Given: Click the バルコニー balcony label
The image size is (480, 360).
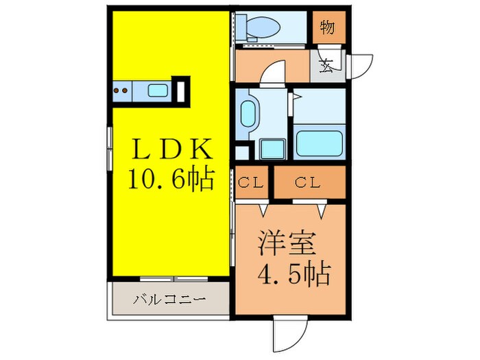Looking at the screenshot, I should [x=169, y=300].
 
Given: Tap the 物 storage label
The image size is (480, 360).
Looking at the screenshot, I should [x=327, y=29].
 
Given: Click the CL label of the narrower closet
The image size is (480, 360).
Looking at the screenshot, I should [x=253, y=182].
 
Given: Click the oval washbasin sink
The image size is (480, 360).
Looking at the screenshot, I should [x=248, y=113].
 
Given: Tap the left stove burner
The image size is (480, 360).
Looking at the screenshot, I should [x=117, y=90].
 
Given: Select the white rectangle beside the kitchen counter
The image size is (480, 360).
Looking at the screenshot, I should [x=182, y=91].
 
